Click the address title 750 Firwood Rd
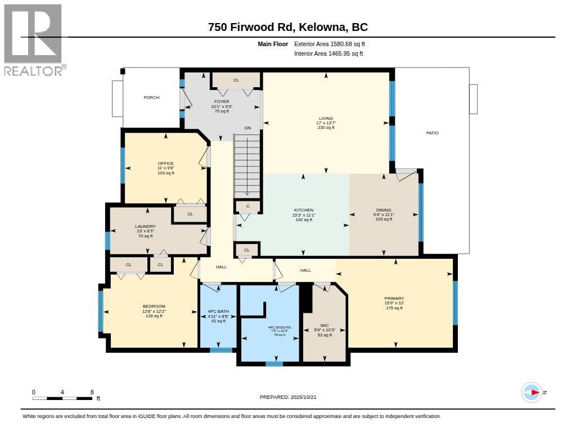[x=250, y=27]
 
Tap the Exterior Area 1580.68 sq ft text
[x=330, y=44]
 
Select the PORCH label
[x=151, y=97]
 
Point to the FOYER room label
[x=222, y=101]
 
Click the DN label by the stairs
[x=248, y=128]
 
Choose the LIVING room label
[x=326, y=118]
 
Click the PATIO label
[x=433, y=133]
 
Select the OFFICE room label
[x=166, y=164]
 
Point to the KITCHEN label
[x=304, y=210]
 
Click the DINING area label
[x=384, y=210]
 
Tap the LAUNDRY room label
[x=146, y=226]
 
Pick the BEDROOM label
[x=154, y=306]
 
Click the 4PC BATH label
[x=218, y=311]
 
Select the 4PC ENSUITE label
[x=280, y=327]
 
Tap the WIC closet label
[x=325, y=325]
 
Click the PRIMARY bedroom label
[x=394, y=298]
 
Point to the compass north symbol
[x=532, y=393]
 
